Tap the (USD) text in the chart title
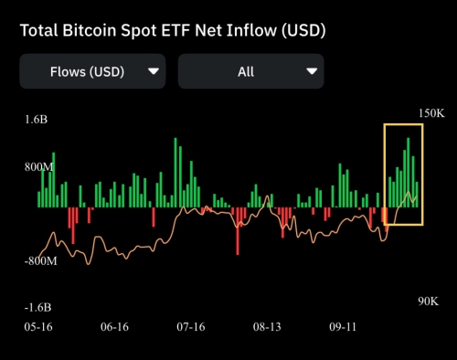click(298, 30)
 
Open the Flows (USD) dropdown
click(92, 70)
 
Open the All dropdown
click(250, 70)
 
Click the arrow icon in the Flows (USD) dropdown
click(153, 70)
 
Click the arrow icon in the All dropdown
click(313, 70)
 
